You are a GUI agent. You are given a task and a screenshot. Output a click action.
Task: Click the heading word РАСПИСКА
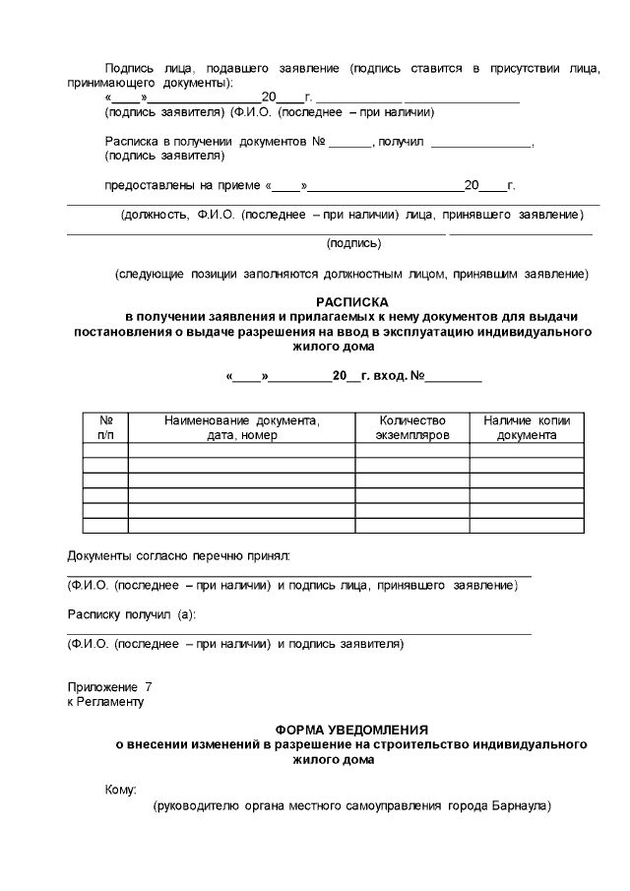pos(352,302)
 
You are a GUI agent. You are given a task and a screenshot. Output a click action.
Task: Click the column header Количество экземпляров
pos(411,427)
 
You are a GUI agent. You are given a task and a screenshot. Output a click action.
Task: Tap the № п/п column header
pos(105,427)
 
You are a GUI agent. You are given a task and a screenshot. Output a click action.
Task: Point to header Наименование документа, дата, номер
pos(242,427)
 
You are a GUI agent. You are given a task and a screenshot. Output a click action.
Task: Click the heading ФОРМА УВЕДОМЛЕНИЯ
pos(352,730)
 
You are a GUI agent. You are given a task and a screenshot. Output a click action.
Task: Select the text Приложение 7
pos(109,685)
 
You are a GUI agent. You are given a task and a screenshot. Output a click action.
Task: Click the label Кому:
pos(120,789)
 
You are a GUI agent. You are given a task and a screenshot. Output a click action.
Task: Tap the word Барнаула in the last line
pos(520,806)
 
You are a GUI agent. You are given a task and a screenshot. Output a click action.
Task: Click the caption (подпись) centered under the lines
pos(354,242)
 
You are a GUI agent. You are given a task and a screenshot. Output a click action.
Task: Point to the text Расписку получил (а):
pos(131,614)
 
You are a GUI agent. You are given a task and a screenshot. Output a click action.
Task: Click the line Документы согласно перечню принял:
pos(178,557)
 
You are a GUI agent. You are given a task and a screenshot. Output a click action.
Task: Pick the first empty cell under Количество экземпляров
pos(411,451)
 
